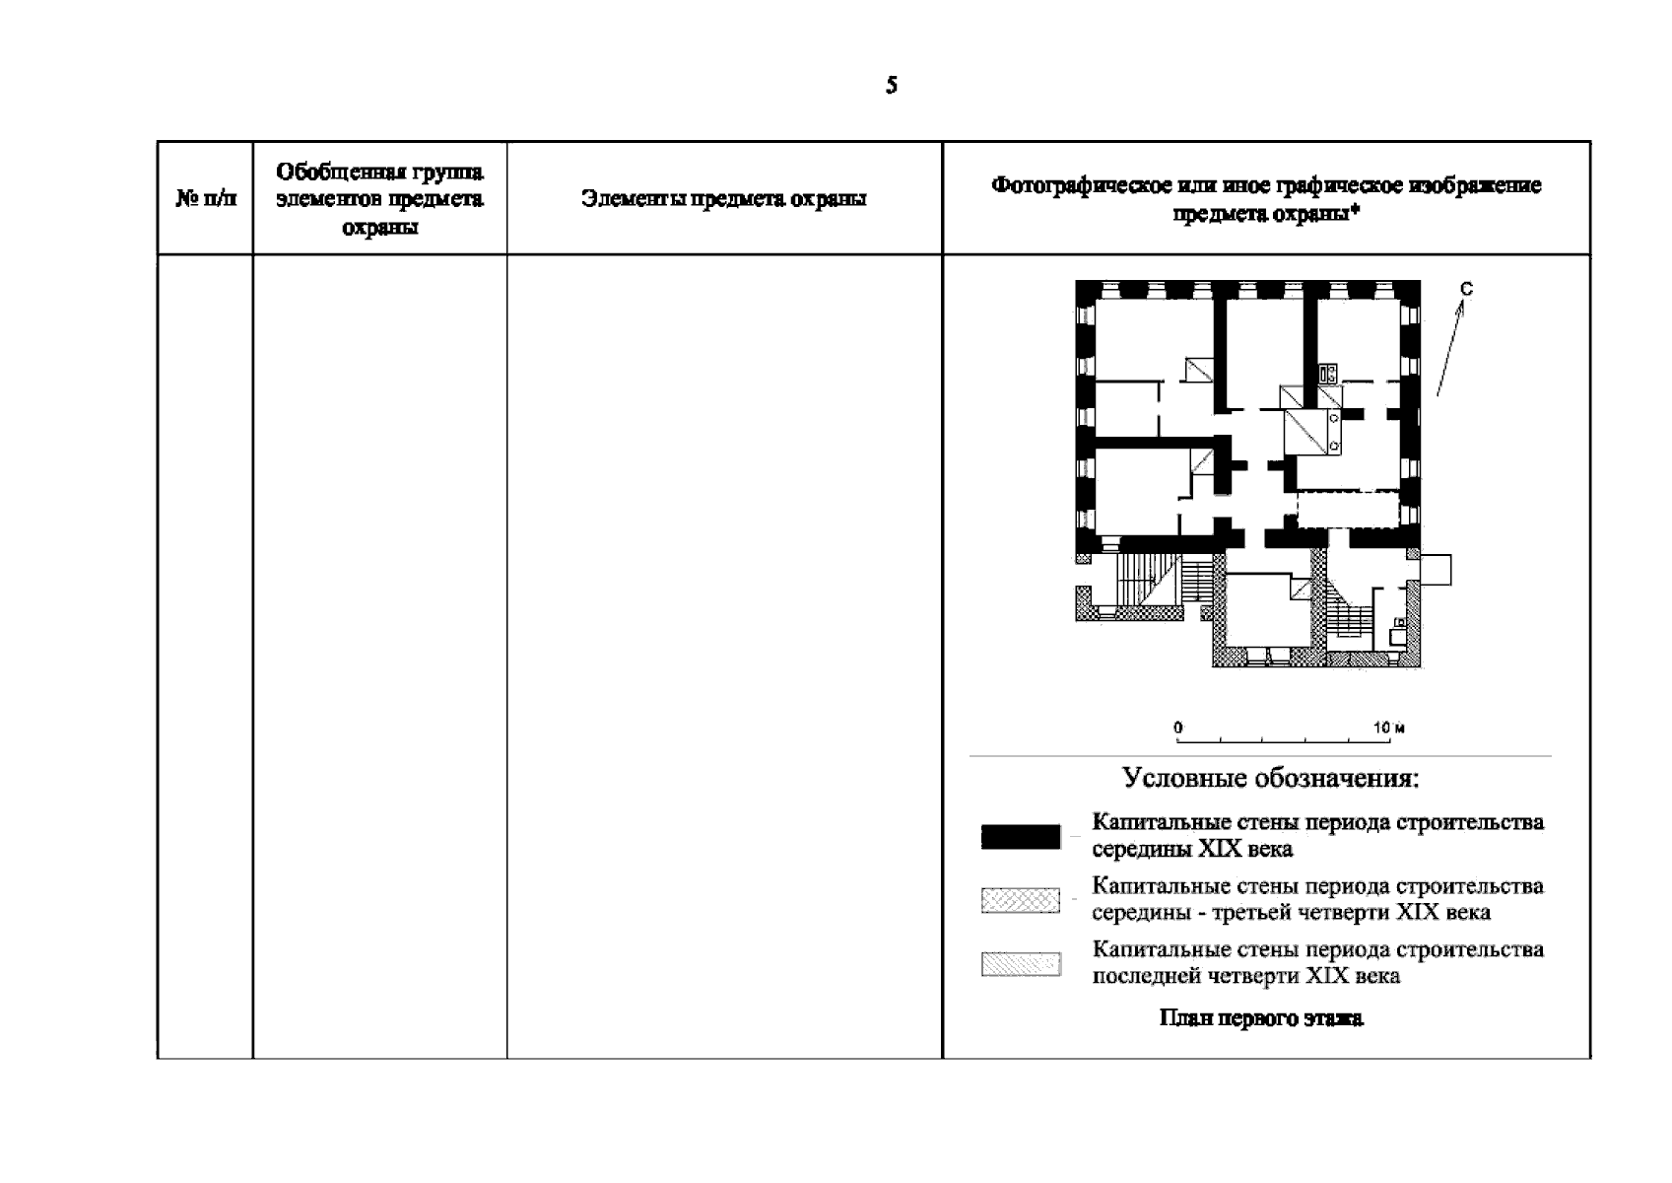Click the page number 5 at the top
tap(891, 86)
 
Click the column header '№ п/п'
tap(206, 199)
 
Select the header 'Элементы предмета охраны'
tap(724, 199)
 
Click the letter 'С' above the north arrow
tap(1466, 288)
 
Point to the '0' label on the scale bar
tap(1178, 728)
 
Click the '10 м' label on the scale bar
tap(1389, 728)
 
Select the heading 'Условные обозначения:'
tap(1271, 778)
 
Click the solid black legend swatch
tap(1021, 837)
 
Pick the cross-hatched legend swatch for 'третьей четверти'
tap(1021, 900)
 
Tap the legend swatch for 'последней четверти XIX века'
tap(1021, 963)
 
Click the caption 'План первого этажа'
tap(1261, 1018)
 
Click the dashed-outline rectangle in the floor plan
tap(1347, 511)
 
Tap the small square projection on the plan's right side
tap(1436, 569)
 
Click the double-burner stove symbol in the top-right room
tap(1328, 373)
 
